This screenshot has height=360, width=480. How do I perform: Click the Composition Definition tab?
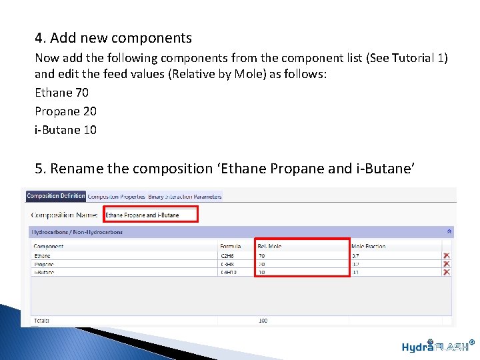56,196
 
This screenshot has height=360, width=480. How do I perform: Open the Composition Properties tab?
117,197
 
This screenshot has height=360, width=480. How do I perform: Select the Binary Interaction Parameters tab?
185,197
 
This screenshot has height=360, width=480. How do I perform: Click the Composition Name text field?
151,215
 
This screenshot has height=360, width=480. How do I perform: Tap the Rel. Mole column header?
269,247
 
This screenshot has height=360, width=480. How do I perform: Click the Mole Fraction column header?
368,247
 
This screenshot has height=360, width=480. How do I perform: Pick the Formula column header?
231,247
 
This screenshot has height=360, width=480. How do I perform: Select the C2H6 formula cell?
228,256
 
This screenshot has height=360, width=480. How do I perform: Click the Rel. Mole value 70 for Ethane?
262,256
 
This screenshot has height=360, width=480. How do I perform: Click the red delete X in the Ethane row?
447,256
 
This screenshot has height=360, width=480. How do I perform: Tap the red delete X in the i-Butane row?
447,272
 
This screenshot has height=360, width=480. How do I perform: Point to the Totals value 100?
263,321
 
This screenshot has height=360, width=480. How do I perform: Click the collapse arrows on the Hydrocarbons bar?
449,232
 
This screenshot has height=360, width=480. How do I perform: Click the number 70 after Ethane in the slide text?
82,93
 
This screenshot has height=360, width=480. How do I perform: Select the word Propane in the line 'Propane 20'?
57,111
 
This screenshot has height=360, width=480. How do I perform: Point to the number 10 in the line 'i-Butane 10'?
89,130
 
